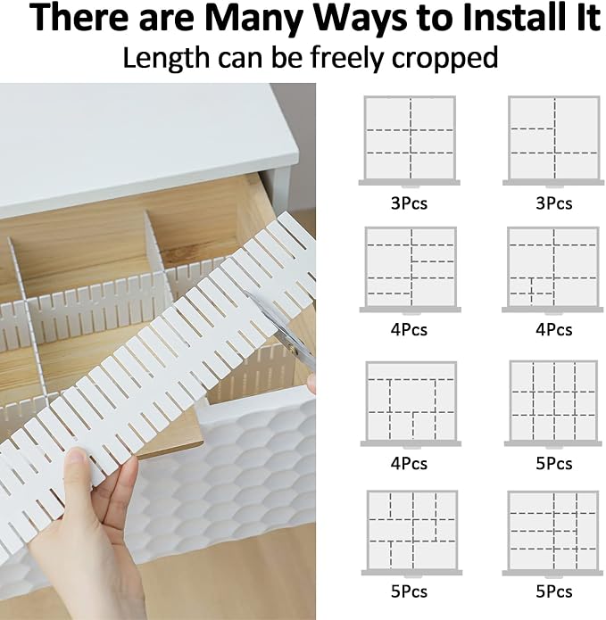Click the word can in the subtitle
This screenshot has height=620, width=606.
(x=240, y=60)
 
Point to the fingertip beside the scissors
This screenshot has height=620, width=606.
(x=311, y=384)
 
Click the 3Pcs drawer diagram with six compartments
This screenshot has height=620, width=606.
(x=410, y=141)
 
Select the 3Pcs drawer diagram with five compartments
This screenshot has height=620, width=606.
(x=553, y=141)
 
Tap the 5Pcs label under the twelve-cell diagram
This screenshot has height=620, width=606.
(x=553, y=463)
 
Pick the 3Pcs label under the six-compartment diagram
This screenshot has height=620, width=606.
(x=409, y=203)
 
